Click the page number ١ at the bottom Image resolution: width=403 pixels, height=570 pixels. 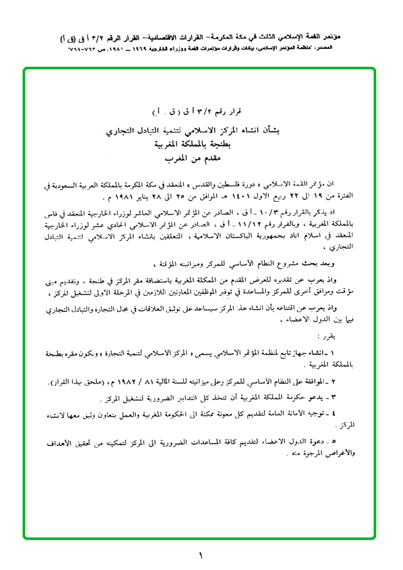tap(200, 555)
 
